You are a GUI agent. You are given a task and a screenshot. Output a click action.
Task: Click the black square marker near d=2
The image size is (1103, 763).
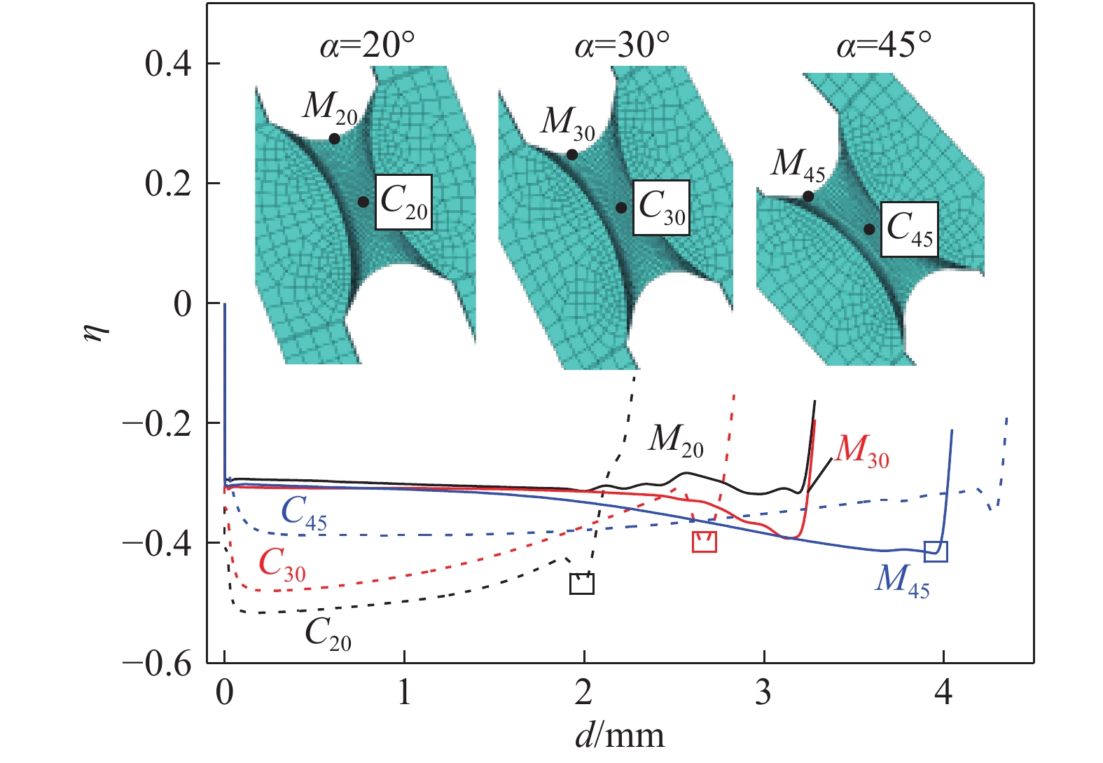(x=582, y=584)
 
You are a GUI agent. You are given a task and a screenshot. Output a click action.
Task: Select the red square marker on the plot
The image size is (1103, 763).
(x=704, y=542)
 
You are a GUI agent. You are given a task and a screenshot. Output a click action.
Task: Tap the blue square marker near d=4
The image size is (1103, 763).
(x=936, y=551)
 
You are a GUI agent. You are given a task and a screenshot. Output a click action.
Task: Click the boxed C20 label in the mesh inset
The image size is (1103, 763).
(x=403, y=202)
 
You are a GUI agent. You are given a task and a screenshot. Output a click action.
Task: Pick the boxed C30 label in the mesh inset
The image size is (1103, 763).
(x=662, y=208)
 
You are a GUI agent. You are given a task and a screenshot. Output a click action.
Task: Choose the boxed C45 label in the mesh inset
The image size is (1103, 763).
(x=909, y=229)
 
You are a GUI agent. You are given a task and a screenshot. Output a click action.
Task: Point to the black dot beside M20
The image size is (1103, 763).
(x=334, y=139)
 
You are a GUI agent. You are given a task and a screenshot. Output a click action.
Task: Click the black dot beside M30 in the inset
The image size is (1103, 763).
(x=572, y=154)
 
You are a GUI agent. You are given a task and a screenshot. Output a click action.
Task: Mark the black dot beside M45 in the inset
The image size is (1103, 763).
(x=808, y=196)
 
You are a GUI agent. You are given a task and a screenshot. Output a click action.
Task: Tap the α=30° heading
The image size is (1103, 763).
(x=622, y=47)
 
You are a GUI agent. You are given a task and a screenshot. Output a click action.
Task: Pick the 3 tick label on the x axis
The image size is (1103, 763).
(x=763, y=692)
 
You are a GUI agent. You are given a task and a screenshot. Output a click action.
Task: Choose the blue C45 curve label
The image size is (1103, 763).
(x=304, y=514)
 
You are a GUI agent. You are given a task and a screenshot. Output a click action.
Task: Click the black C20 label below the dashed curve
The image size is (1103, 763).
(x=328, y=635)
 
